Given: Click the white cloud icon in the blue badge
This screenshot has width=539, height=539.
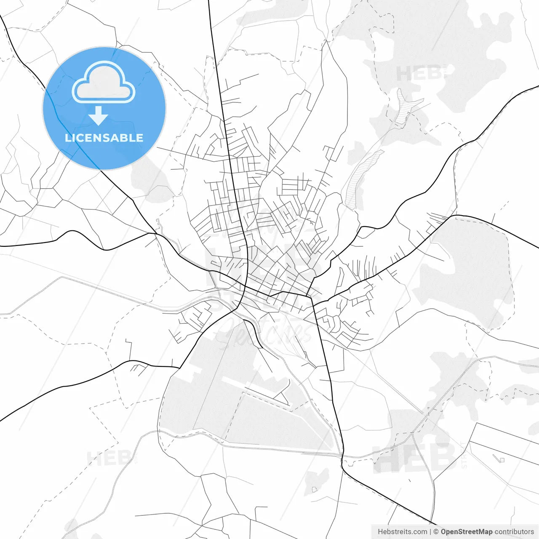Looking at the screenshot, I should (x=104, y=83).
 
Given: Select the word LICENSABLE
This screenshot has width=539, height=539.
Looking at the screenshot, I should (x=104, y=138).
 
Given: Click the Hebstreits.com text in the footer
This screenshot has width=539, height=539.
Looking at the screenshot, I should (x=402, y=532).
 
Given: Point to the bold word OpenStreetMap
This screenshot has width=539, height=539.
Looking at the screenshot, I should (x=467, y=532).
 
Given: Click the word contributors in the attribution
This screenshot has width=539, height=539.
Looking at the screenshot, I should (x=514, y=532).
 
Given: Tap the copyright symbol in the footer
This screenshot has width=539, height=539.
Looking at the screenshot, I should (x=436, y=532).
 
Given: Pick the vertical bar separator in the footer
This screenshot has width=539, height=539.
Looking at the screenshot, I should (x=430, y=532).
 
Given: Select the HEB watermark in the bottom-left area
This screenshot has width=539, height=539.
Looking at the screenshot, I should (x=108, y=458).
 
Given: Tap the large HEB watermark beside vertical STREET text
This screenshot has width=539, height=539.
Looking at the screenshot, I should (x=415, y=457).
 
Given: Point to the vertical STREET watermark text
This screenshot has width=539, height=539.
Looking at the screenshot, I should (x=464, y=455).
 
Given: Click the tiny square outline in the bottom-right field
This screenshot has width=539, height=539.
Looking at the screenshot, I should (x=501, y=459).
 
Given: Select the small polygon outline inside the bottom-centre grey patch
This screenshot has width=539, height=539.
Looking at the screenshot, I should (x=314, y=489).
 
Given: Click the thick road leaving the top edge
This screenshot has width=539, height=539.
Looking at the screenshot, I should (x=210, y=8).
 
